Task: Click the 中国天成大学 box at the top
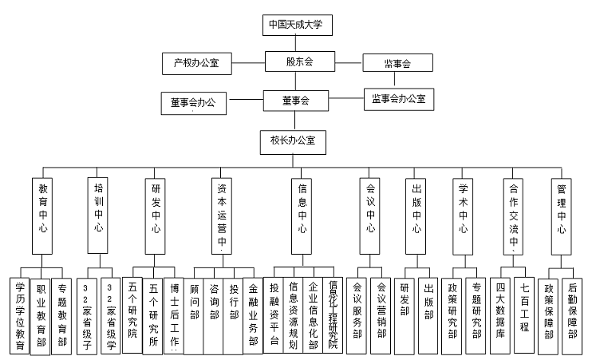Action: click(297, 26)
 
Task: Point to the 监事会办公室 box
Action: click(398, 99)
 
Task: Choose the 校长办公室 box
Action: click(293, 140)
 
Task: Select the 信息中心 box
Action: click(302, 209)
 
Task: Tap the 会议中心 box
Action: click(371, 209)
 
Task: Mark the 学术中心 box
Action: click(463, 209)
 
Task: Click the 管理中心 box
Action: click(562, 209)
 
